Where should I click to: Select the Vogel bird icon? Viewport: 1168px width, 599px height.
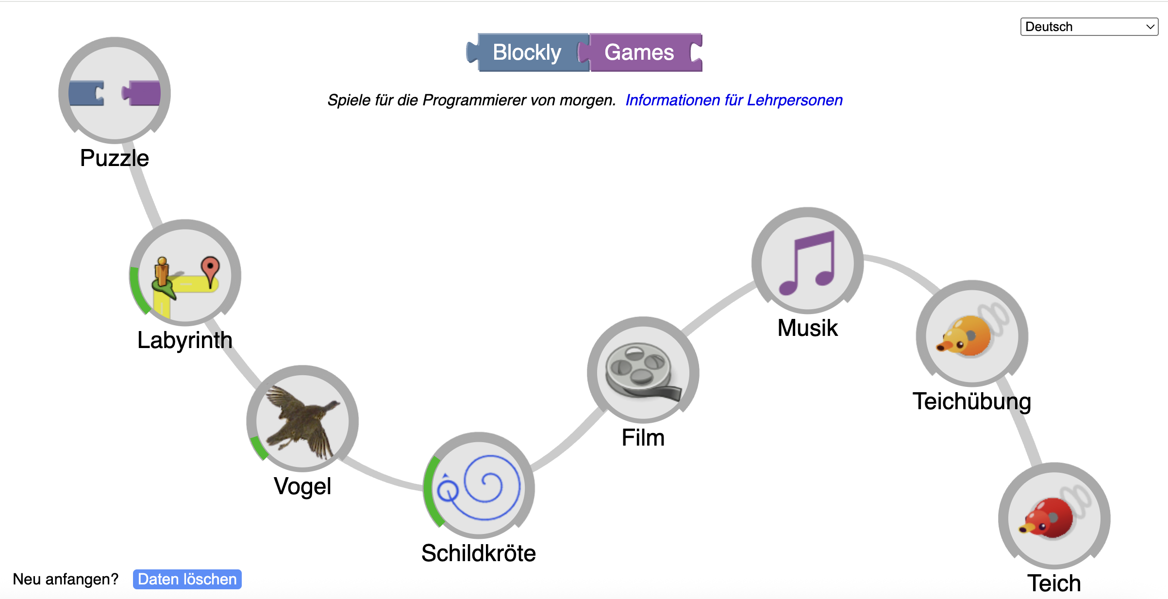tap(302, 419)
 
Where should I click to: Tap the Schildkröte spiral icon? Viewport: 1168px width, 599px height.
tap(479, 486)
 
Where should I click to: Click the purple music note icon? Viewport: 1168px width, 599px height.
tap(807, 262)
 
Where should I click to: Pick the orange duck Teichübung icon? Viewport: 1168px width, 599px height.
tap(971, 334)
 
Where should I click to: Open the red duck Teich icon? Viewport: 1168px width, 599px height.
tap(1054, 517)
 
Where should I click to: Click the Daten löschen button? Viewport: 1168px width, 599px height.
tap(187, 579)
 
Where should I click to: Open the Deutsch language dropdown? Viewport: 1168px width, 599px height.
tap(1089, 27)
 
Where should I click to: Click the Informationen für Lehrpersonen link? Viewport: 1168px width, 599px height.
tap(734, 100)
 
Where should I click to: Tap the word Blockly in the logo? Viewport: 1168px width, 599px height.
tap(527, 52)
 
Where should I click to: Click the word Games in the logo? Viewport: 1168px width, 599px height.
tap(639, 52)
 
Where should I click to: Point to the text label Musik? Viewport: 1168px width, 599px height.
tap(807, 328)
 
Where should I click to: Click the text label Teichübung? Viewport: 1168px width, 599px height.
tap(971, 401)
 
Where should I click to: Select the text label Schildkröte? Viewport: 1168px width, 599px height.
tap(479, 553)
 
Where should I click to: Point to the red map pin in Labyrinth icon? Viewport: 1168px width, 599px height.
tap(210, 268)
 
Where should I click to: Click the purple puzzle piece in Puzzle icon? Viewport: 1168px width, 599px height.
tap(142, 93)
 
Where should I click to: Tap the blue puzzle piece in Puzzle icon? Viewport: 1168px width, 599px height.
tap(86, 93)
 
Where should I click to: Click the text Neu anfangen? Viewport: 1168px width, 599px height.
tap(66, 579)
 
